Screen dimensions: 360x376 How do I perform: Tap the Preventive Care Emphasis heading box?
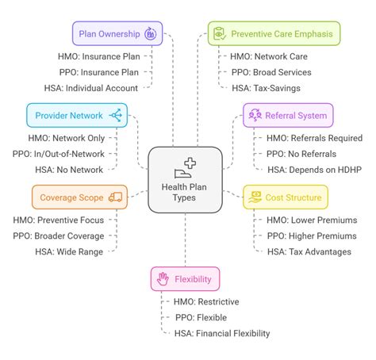pos(274,33)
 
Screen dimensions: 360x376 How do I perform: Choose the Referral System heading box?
pos(288,116)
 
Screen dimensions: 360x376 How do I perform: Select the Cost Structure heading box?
pos(285,197)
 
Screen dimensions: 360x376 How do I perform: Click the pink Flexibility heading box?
pos(186,278)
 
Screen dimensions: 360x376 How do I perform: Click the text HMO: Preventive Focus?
pos(59,220)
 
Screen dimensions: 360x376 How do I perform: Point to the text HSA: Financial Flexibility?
pos(222,333)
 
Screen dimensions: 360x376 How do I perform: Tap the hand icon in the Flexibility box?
pos(163,278)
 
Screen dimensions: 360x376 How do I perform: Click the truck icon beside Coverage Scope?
pos(116,197)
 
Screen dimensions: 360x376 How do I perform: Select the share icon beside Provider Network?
pos(116,116)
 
